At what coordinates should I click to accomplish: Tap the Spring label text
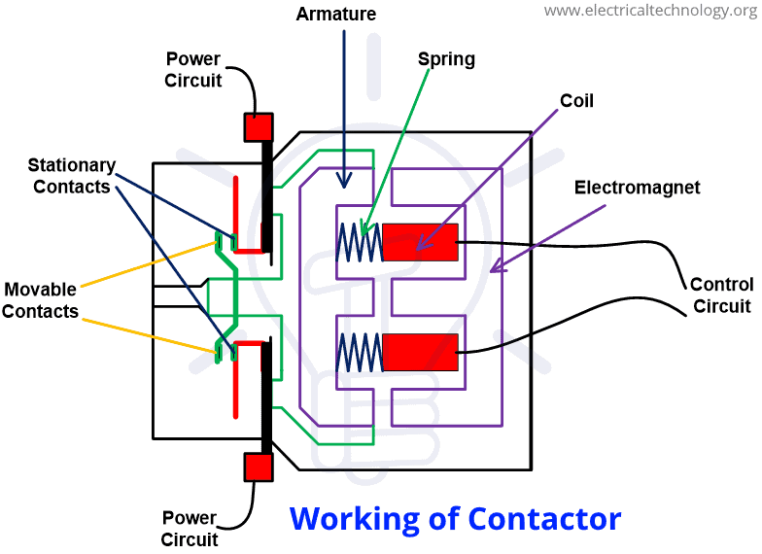[x=446, y=59]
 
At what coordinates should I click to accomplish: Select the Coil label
[x=576, y=101]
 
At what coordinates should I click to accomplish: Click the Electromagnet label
[x=637, y=187]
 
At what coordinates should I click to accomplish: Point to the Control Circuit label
[x=721, y=295]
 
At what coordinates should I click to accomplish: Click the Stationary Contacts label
[x=72, y=176]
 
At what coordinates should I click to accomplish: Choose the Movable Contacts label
[x=41, y=300]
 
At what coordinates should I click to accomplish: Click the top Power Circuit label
[x=193, y=69]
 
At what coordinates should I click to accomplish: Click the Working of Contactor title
[x=455, y=518]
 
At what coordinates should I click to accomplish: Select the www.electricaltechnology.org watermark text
[x=648, y=11]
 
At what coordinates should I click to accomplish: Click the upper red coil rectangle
[x=420, y=242]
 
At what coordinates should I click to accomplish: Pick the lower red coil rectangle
[x=420, y=351]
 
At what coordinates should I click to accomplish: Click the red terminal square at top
[x=260, y=127]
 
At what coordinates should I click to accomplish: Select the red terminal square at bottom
[x=260, y=467]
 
